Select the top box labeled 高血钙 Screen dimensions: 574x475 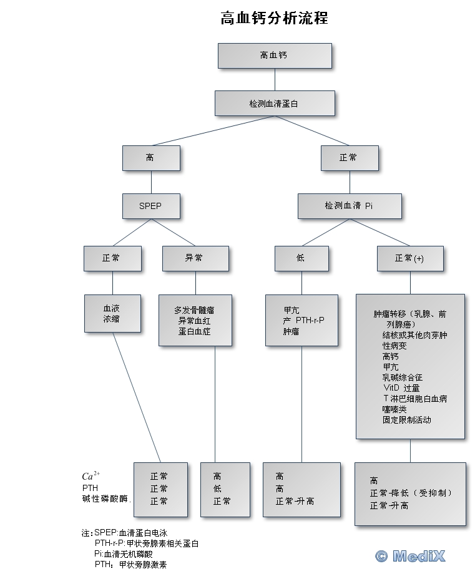pos(274,56)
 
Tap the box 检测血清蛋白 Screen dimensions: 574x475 pos(274,104)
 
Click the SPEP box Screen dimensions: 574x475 pos(150,206)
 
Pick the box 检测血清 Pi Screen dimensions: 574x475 pos(349,206)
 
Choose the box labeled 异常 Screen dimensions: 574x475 pos(195,258)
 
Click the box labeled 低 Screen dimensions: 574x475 pos(301,258)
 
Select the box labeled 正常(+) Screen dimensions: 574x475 pos(409,258)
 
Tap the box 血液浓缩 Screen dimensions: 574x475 pos(112,314)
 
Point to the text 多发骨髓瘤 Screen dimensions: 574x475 pos(195,309)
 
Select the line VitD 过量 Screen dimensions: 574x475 pos(401,388)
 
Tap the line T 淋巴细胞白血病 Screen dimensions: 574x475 pos(415,399)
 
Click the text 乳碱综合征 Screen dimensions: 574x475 pos(403,377)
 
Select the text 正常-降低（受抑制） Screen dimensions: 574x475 pos(411,493)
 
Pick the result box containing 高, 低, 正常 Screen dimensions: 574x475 pos(225,489)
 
